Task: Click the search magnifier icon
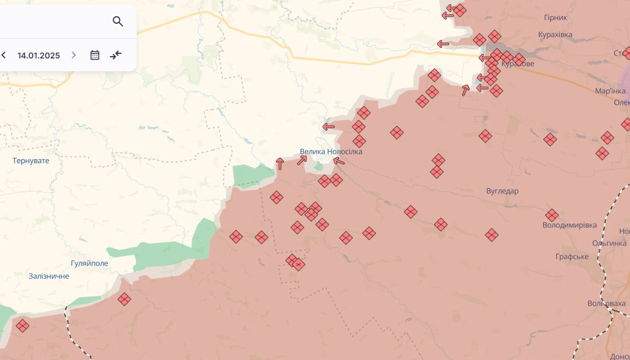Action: [x=118, y=21]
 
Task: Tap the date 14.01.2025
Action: [x=39, y=56]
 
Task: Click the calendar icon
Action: [x=95, y=55]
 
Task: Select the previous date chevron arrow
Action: [x=4, y=55]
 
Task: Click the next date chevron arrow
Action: [x=73, y=55]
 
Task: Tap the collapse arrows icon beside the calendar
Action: [x=116, y=55]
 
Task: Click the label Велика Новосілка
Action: [x=331, y=152]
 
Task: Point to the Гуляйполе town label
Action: [x=89, y=263]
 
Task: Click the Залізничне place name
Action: [x=49, y=276]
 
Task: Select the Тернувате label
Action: [x=31, y=160]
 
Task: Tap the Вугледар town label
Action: [x=502, y=191]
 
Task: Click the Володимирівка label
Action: [x=569, y=225]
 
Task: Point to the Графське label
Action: [x=572, y=256]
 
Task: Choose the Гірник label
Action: [x=555, y=18]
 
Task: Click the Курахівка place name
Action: [x=555, y=35]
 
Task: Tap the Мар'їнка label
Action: [x=610, y=91]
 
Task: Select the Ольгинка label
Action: [x=609, y=243]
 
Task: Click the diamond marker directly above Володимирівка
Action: [x=552, y=215]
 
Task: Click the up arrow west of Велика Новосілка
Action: [x=280, y=164]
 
